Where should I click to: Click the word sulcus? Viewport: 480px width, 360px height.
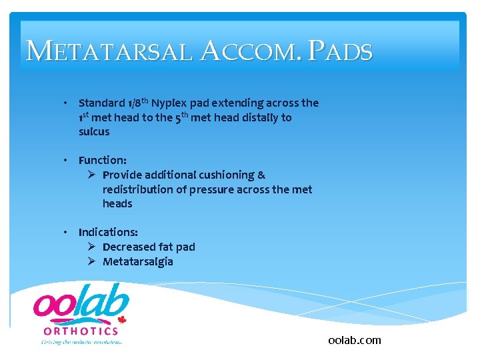[94, 131]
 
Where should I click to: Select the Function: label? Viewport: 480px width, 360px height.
[102, 160]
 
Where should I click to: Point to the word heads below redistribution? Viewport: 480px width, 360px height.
[117, 203]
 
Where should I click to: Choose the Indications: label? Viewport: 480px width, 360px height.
[108, 232]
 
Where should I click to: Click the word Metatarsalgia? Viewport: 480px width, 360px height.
[137, 261]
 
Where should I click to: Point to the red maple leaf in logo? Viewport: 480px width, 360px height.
[122, 319]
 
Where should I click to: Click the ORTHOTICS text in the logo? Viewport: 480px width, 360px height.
[81, 331]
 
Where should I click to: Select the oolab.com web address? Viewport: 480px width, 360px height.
[355, 340]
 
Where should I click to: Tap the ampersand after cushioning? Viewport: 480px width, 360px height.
[261, 175]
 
